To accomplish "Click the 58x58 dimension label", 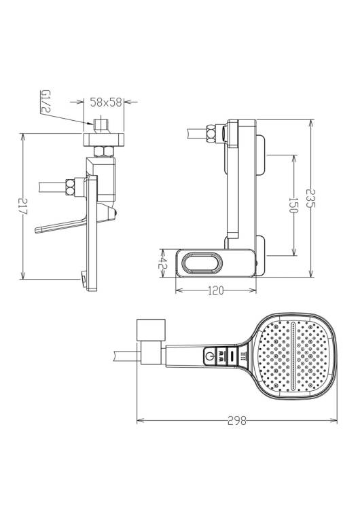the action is [106, 102].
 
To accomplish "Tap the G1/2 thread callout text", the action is [45, 101].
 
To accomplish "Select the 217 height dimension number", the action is [23, 206].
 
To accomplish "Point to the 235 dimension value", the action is [310, 198].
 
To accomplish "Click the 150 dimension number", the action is [293, 205].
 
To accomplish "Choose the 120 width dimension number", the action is [216, 290].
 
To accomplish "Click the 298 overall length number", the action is [237, 421].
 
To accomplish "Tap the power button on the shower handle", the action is [210, 356].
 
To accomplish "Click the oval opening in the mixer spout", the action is [202, 263].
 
